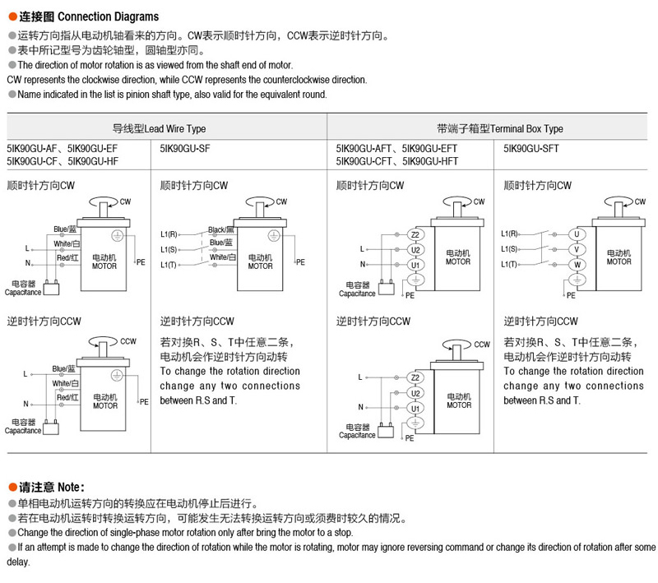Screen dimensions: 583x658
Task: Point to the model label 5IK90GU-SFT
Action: [x=530, y=149]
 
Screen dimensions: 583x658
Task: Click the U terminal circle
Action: [x=577, y=234]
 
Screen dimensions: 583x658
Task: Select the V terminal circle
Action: [x=577, y=249]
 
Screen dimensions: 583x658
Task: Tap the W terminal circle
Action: [x=577, y=264]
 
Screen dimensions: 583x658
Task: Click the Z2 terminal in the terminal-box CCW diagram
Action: [x=415, y=377]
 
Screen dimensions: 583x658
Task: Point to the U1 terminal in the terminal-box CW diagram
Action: [x=415, y=265]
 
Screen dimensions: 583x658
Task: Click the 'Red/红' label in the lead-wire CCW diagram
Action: [x=68, y=397]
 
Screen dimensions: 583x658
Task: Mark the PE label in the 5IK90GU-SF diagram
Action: [x=301, y=262]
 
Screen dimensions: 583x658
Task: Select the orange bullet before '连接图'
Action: [x=12, y=16]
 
